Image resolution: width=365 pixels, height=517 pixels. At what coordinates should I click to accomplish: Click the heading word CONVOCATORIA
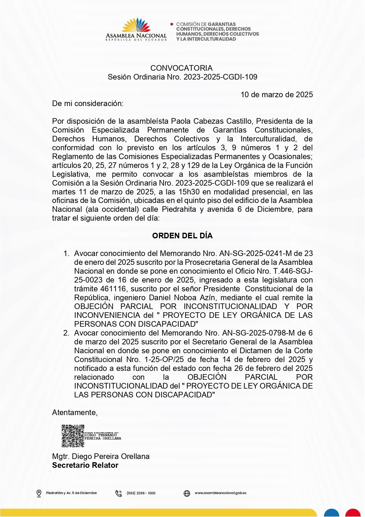181,68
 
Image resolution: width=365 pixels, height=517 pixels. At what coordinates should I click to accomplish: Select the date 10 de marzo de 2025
277,95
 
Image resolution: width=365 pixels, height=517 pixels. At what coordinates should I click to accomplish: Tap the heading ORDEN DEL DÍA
182,236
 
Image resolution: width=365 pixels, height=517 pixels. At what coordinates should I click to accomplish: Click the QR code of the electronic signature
73,436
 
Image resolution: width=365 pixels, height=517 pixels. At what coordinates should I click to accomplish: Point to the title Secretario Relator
85,465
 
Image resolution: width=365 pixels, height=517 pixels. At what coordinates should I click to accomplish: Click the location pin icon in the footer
39,493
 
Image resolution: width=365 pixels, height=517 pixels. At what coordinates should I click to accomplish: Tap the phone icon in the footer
119,493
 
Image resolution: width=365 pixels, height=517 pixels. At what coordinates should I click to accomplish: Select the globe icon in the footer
187,493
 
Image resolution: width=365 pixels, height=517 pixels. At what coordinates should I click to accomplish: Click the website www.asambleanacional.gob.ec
220,493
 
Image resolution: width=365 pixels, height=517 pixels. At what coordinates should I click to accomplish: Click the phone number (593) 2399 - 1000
141,493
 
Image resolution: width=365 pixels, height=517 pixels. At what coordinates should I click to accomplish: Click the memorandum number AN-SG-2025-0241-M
255,253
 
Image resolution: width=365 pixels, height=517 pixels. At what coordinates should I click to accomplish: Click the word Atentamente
74,412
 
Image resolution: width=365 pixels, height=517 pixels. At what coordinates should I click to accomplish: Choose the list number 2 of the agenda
66,333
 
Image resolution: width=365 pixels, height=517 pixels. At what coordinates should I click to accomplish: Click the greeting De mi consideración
88,103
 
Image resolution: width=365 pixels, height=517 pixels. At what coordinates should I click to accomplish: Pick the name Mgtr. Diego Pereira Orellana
101,456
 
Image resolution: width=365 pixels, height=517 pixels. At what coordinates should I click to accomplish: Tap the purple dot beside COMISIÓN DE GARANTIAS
172,24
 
